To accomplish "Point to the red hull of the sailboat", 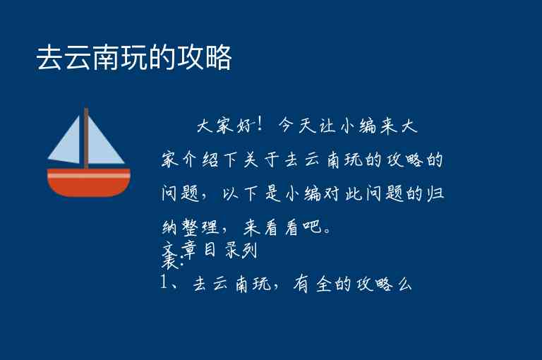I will [x=88, y=186].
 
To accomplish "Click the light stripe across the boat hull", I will [x=88, y=173].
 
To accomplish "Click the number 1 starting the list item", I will [x=164, y=284].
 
